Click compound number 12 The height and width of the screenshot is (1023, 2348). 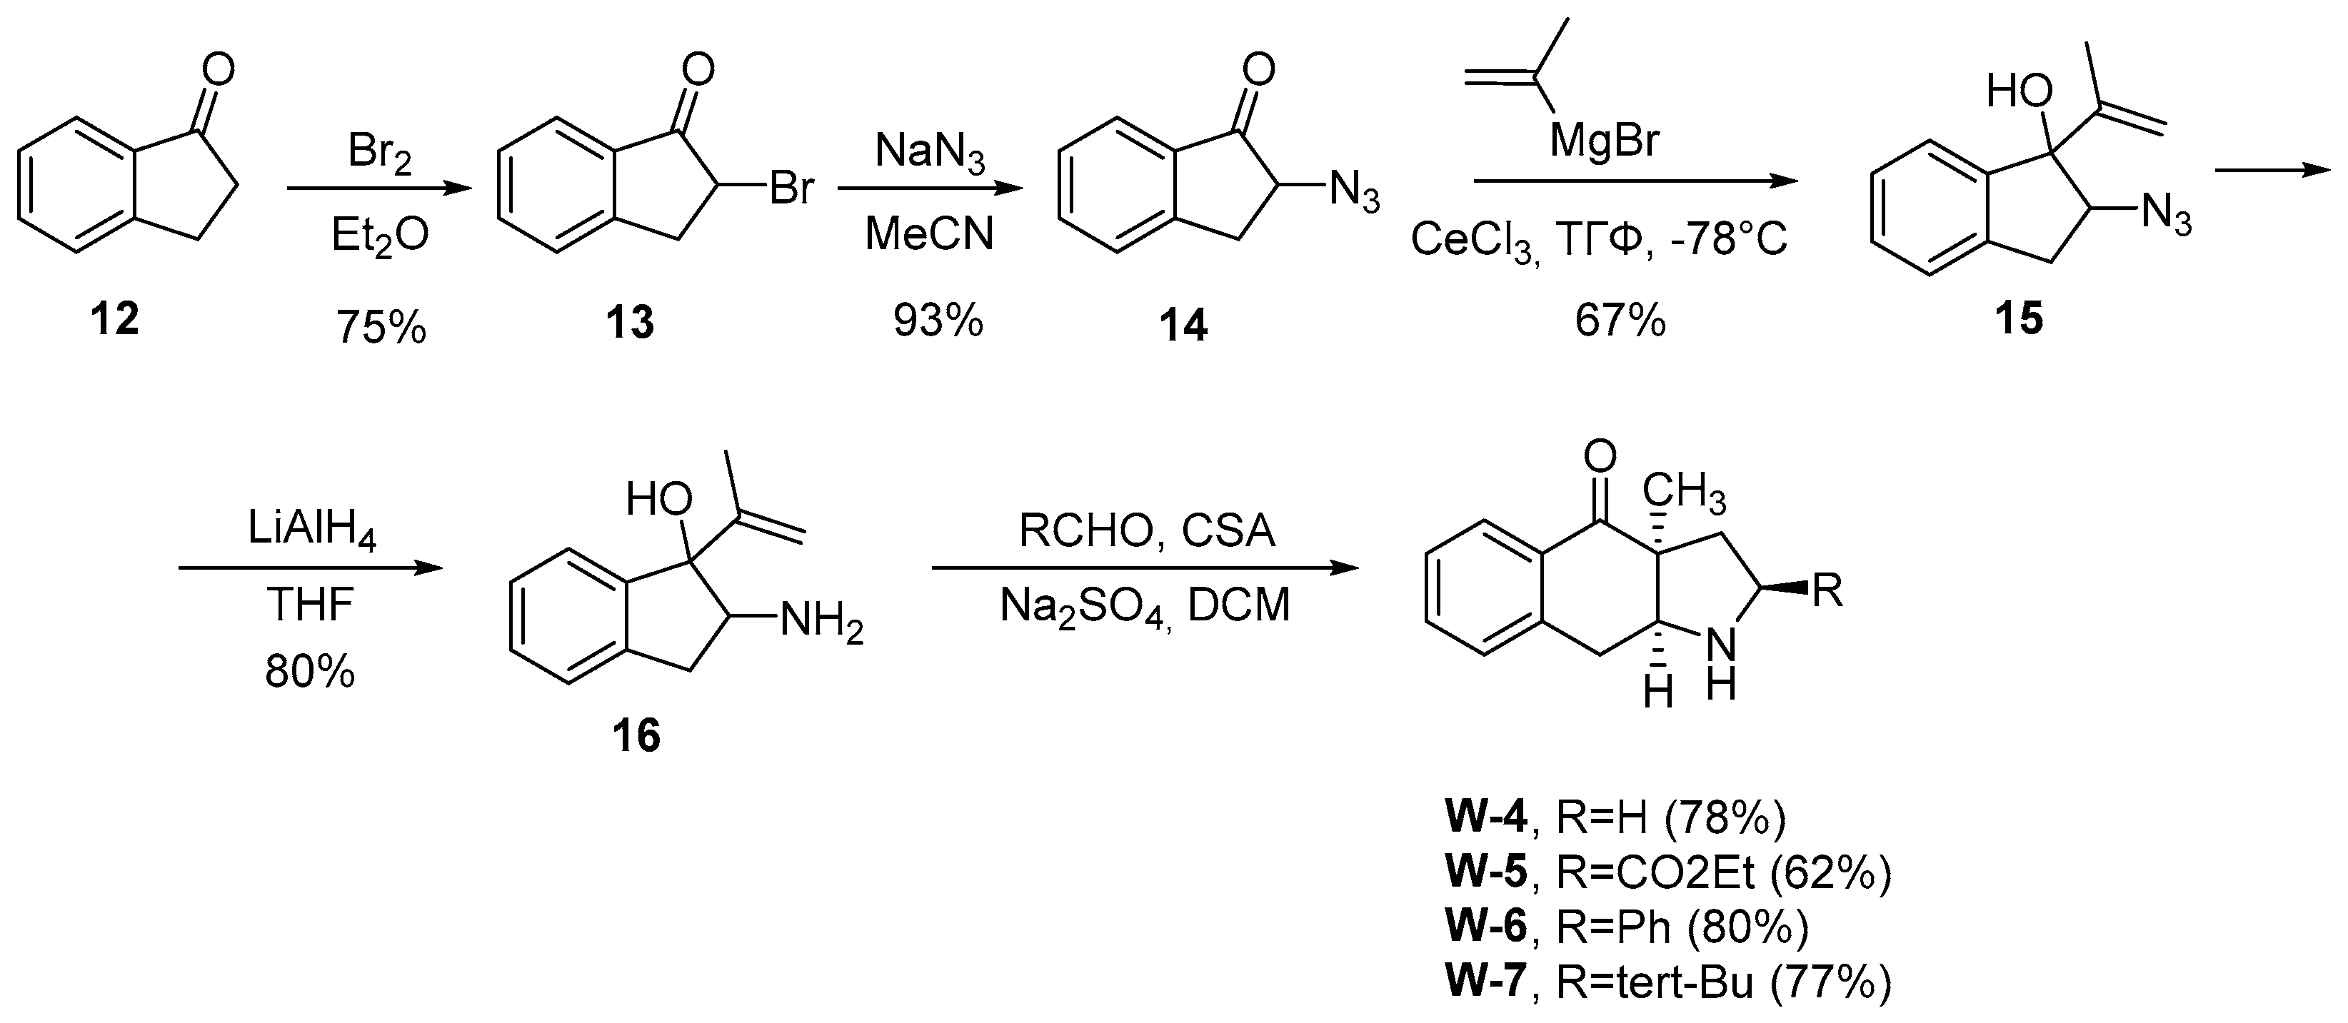115,320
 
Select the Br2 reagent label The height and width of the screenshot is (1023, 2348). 379,153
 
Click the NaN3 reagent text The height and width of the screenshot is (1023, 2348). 929,151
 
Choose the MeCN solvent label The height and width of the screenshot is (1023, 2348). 929,234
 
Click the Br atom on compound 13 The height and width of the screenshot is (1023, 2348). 791,189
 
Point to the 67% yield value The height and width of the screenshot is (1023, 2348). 1620,321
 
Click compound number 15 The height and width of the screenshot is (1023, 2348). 2019,319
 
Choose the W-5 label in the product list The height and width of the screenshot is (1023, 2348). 1486,872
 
